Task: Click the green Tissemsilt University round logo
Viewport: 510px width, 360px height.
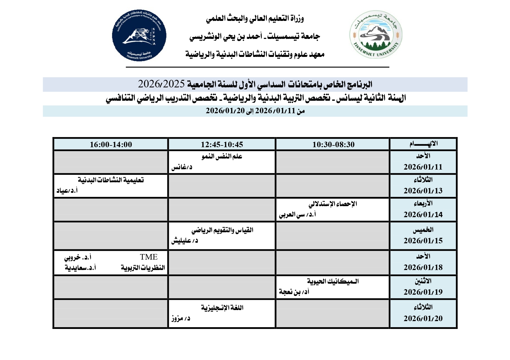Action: coord(376,35)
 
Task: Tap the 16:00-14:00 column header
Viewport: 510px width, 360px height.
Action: coord(111,145)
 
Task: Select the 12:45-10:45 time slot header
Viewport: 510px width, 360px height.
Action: coord(222,145)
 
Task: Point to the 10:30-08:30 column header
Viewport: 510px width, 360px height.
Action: coord(333,145)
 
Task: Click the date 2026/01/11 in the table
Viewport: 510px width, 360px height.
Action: coord(423,167)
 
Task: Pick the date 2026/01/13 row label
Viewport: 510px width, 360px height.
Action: coord(423,191)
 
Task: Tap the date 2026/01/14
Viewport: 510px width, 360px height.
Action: coord(423,215)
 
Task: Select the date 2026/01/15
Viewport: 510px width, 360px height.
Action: coord(423,241)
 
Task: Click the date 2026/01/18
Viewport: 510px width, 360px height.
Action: coord(423,267)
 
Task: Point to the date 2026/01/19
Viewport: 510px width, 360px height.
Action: coord(423,292)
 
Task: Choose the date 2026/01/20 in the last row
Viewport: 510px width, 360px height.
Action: coord(423,318)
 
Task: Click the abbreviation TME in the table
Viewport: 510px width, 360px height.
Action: coord(148,257)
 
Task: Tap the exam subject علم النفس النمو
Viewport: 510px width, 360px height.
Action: coord(222,156)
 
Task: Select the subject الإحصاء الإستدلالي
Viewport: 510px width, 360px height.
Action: coord(333,204)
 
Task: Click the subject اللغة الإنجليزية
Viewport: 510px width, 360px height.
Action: coord(222,308)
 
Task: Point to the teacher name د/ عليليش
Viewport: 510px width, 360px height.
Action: coord(185,241)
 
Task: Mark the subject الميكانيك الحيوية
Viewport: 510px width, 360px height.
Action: coord(333,281)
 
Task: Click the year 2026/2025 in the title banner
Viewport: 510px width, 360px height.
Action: coord(161,84)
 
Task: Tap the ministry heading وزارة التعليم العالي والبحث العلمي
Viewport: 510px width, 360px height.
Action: coord(255,19)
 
